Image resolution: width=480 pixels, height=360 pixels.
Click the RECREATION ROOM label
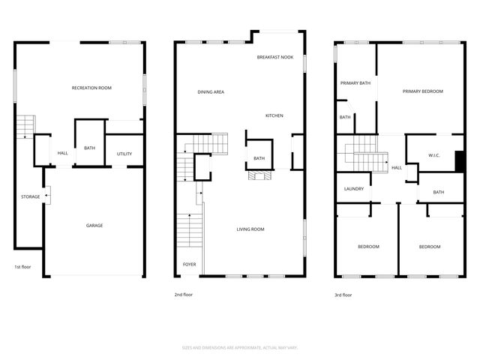(91, 88)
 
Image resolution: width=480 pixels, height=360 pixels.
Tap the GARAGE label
(94, 225)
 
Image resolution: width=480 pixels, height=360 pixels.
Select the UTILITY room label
(124, 154)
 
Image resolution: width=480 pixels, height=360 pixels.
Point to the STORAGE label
(30, 196)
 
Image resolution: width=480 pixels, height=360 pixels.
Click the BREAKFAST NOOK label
(274, 57)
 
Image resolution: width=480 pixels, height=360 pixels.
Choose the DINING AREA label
(211, 91)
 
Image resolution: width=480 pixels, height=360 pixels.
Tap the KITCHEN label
(274, 115)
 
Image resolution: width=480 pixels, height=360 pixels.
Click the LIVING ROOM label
(250, 229)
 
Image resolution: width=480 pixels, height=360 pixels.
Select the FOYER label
(189, 265)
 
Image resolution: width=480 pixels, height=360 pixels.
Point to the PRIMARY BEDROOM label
(422, 91)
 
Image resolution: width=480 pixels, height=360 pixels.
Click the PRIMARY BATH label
(355, 83)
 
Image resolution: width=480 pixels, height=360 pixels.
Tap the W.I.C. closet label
(433, 155)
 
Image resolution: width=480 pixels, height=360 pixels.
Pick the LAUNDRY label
(353, 188)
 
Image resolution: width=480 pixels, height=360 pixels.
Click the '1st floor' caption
(22, 266)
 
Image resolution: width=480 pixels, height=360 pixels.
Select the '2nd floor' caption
(184, 295)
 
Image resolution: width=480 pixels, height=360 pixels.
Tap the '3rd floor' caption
(343, 295)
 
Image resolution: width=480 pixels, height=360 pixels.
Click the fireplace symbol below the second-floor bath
(258, 177)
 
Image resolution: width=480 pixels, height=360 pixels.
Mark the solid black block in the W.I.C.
(460, 161)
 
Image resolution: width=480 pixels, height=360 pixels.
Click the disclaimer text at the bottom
(239, 347)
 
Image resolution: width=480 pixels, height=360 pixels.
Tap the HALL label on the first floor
(63, 154)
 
